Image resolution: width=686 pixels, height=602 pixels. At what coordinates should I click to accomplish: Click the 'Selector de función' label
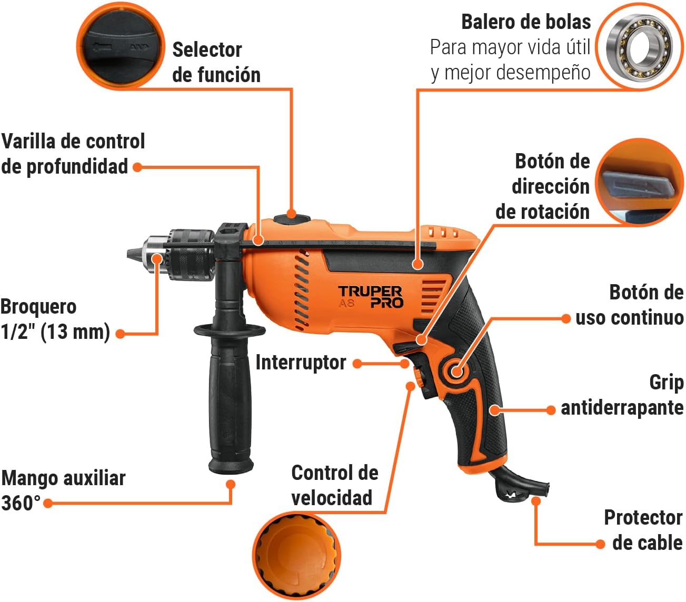coord(216,62)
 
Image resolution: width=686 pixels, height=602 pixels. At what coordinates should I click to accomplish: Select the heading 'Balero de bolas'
coord(525,22)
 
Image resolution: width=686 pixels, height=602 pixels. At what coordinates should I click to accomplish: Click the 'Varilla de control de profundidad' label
coord(73,154)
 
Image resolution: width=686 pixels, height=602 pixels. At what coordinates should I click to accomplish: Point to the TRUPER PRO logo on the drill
coord(370,297)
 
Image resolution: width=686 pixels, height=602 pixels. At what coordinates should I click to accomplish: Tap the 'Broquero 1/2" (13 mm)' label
coord(55,319)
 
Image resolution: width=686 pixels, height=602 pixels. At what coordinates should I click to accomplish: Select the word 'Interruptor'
coord(301,363)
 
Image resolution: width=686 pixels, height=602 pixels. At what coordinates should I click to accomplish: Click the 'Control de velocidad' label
coord(334,485)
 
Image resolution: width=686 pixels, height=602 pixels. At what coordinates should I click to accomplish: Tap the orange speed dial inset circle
coord(296,556)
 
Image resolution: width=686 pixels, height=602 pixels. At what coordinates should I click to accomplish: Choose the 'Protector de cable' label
coord(643,530)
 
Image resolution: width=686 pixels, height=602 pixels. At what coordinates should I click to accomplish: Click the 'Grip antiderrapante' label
coord(622,395)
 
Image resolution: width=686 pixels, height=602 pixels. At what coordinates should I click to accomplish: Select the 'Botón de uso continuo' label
coord(629,305)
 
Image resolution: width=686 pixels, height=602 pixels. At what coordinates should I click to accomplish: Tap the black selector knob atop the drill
coord(291,215)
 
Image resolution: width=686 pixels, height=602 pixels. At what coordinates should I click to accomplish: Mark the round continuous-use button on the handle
coord(456,371)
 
